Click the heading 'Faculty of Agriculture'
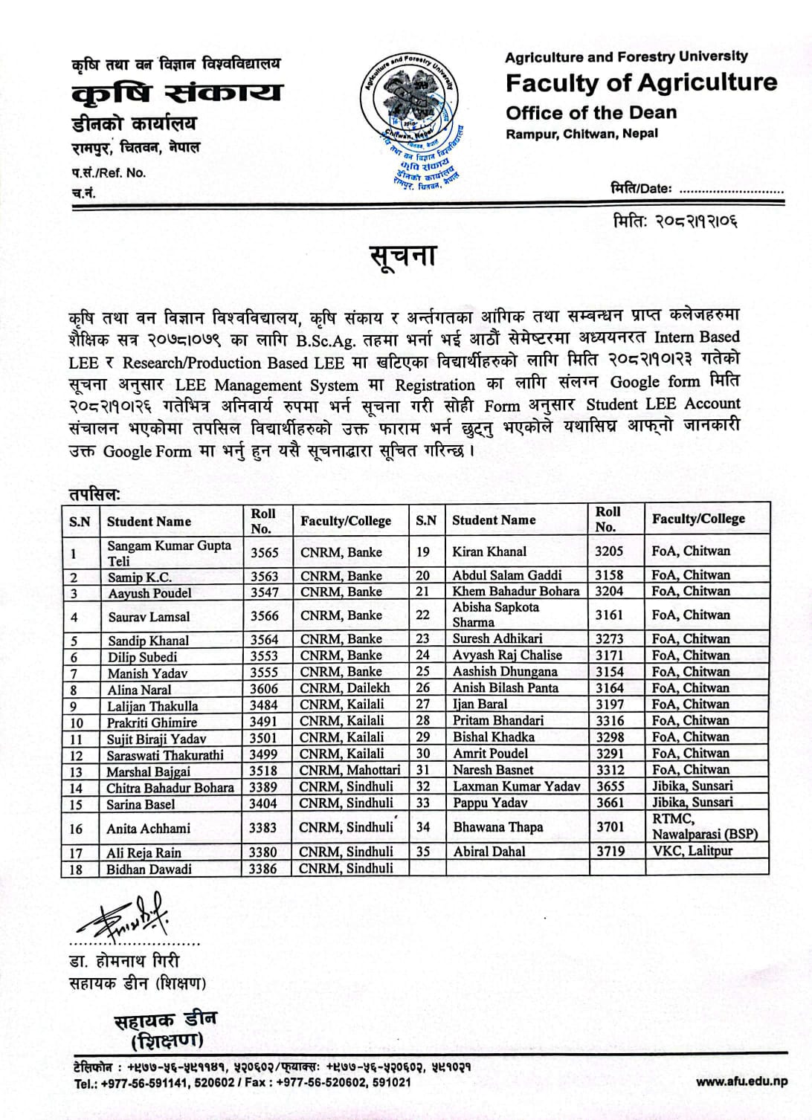coord(641,82)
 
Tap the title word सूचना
coord(402,256)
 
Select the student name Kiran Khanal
coord(489,551)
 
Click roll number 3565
coord(264,552)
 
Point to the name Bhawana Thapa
coord(497,827)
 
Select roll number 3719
coord(610,851)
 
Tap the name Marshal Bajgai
coord(149,771)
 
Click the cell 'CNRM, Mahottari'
coord(349,770)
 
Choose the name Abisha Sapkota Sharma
coord(496,615)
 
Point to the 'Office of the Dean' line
coord(591,113)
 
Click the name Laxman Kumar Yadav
coord(516,786)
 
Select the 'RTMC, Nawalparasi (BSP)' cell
coord(704,826)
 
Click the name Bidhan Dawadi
coord(149,869)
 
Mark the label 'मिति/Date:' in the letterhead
coord(640,188)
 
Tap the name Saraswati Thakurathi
coord(166,755)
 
